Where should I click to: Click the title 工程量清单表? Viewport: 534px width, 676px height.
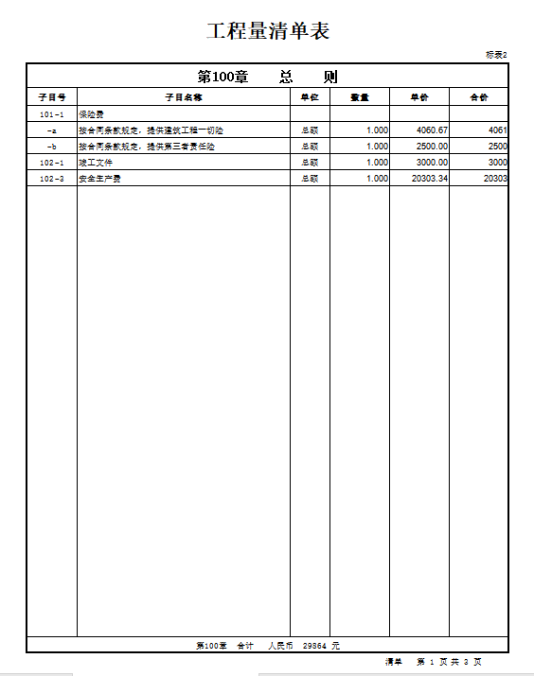(x=267, y=30)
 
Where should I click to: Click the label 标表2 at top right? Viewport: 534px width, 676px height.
(x=497, y=55)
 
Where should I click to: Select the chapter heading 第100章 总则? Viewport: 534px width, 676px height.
(x=267, y=77)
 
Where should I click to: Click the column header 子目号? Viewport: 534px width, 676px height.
(x=51, y=96)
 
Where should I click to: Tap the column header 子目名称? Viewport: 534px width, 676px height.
(x=183, y=96)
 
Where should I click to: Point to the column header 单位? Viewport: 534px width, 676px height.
(x=310, y=96)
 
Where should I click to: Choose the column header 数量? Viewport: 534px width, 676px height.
(x=359, y=96)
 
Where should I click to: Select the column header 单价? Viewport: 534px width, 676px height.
(x=418, y=96)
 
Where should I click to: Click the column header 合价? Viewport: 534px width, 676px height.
(x=479, y=96)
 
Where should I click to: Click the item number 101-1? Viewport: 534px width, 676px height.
(x=52, y=114)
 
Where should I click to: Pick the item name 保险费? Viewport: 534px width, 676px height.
(x=93, y=114)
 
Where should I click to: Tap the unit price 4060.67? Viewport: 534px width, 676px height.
(x=432, y=130)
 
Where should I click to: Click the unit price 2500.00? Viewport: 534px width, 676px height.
(x=432, y=147)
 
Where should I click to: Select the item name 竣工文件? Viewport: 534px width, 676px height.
(x=96, y=163)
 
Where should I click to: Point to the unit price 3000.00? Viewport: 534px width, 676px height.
(x=432, y=163)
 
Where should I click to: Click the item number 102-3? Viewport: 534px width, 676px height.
(x=52, y=179)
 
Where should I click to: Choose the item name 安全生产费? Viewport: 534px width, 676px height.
(x=99, y=179)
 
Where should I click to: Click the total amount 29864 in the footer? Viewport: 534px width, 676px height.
(x=314, y=645)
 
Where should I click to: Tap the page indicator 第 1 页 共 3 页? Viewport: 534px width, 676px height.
(x=449, y=662)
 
